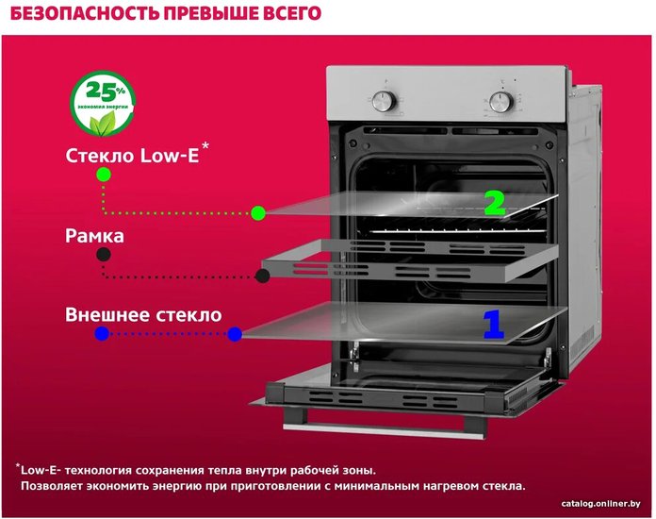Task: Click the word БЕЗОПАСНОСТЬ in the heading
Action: tap(85, 13)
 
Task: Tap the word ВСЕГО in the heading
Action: tap(292, 13)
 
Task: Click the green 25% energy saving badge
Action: tap(103, 103)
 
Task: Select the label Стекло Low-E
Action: tap(132, 156)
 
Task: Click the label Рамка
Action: tap(94, 236)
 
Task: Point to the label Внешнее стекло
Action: tap(143, 315)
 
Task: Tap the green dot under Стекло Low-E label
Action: tap(104, 175)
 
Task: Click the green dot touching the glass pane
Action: tap(258, 213)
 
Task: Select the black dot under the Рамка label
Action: tap(104, 254)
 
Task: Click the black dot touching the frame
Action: tap(262, 276)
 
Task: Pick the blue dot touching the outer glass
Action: tap(235, 334)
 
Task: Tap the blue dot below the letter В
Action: tap(102, 334)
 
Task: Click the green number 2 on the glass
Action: tap(495, 203)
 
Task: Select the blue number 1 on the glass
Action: tap(494, 324)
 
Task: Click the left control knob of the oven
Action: tap(384, 101)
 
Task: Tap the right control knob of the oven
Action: tap(501, 102)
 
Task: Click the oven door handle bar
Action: tap(384, 430)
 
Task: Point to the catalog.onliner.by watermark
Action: tap(600, 504)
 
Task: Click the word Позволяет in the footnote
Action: tap(52, 486)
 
